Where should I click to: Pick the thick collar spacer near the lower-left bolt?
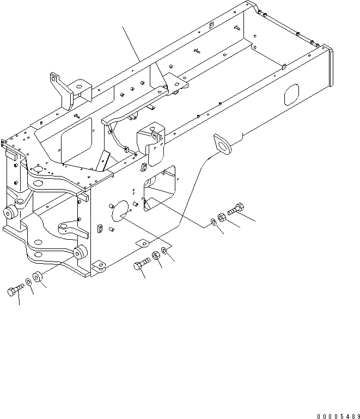(38, 277)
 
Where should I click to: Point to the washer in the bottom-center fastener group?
(165, 251)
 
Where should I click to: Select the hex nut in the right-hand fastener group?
(222, 218)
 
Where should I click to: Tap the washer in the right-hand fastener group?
(212, 222)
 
